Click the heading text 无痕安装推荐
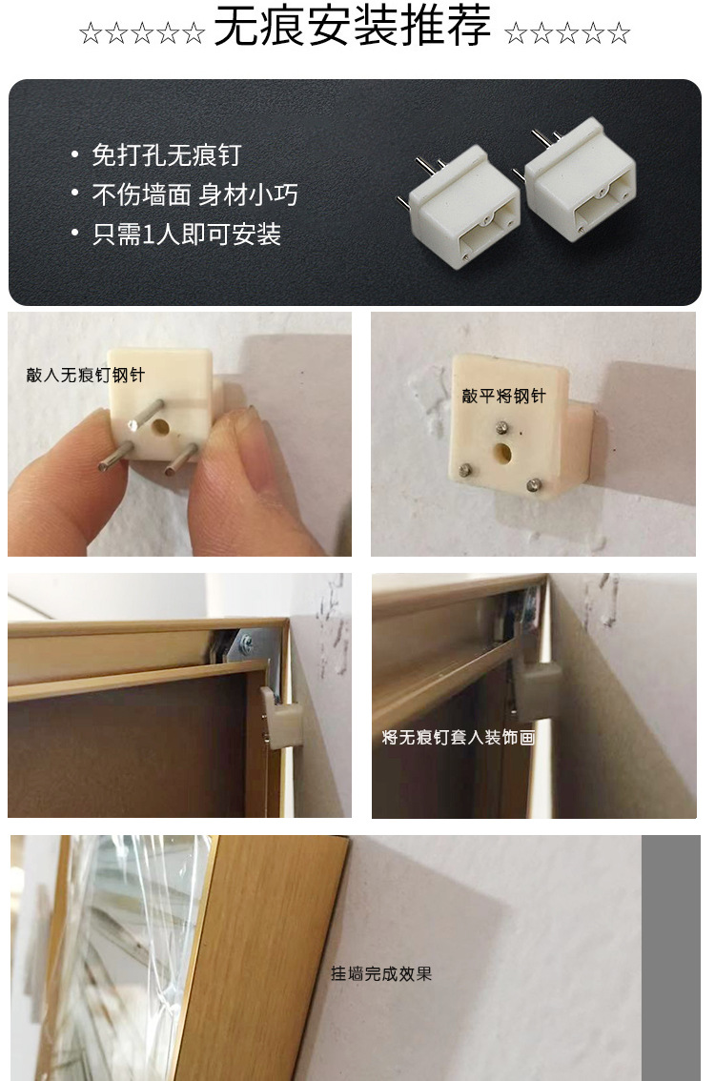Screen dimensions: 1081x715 click(x=352, y=29)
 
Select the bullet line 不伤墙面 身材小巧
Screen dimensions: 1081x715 click(x=194, y=194)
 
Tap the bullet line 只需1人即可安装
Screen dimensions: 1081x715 click(x=186, y=235)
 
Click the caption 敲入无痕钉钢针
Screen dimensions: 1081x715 click(x=85, y=375)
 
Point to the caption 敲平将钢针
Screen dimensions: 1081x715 click(x=502, y=396)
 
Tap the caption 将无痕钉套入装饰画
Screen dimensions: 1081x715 click(x=458, y=738)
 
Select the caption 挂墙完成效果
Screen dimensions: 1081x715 click(x=381, y=973)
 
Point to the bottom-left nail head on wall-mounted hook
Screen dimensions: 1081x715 click(x=465, y=469)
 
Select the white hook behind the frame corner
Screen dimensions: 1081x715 click(x=279, y=718)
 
